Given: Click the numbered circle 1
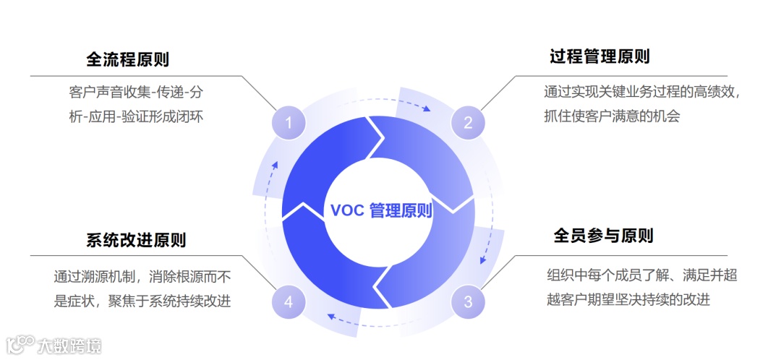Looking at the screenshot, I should pos(289,123).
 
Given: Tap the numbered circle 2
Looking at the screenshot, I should pos(468,123).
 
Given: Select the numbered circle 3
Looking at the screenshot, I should pos(468,301).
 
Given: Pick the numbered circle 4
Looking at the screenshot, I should pos(289,301).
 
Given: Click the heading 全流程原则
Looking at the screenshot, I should pos(128,59).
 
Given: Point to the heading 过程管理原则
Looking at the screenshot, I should pos(599,56).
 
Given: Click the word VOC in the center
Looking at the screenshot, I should pos(346,210).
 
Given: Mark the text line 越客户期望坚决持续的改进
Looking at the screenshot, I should pos(628,298).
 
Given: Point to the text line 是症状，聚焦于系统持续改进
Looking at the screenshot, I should pos(142,301).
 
